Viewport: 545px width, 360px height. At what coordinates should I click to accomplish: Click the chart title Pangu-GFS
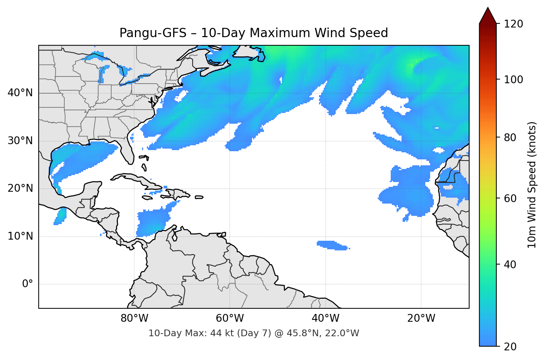click(x=254, y=33)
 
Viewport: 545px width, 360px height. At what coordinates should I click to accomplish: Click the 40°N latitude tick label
click(x=20, y=93)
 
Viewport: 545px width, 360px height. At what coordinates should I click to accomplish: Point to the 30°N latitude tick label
click(x=20, y=141)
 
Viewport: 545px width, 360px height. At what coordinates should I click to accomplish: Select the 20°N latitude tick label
click(x=20, y=188)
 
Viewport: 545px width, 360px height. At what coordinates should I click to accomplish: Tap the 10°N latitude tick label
click(x=20, y=236)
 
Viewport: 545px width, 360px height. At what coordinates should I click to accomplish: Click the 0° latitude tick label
click(x=28, y=284)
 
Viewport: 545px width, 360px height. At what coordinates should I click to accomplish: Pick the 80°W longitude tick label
click(x=134, y=318)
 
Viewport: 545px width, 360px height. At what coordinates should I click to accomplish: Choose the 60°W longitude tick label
click(x=230, y=318)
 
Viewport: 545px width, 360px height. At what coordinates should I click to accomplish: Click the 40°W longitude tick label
click(x=325, y=318)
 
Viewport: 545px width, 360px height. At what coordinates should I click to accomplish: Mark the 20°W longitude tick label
click(x=421, y=318)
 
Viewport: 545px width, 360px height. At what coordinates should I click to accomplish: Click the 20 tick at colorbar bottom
click(x=510, y=347)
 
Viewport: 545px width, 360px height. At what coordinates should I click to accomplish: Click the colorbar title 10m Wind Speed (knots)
click(x=532, y=185)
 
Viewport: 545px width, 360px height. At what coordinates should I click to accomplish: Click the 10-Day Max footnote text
click(x=254, y=333)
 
